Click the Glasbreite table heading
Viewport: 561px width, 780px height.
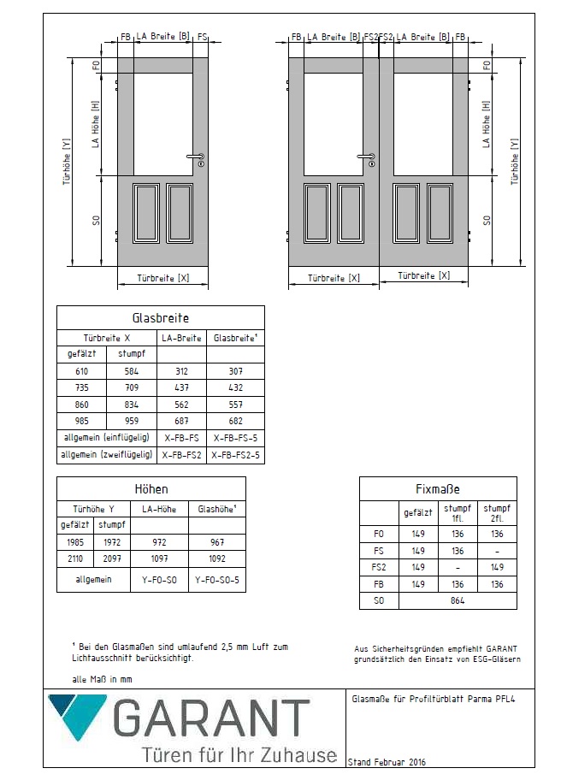point(161,318)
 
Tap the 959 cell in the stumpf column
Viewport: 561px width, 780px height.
point(132,421)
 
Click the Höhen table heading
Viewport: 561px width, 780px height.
point(151,489)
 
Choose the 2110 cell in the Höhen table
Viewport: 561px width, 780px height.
point(74,558)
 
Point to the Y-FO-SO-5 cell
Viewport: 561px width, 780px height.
point(216,579)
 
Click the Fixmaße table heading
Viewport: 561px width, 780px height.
point(438,489)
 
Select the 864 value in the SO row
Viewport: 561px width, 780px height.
point(458,601)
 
